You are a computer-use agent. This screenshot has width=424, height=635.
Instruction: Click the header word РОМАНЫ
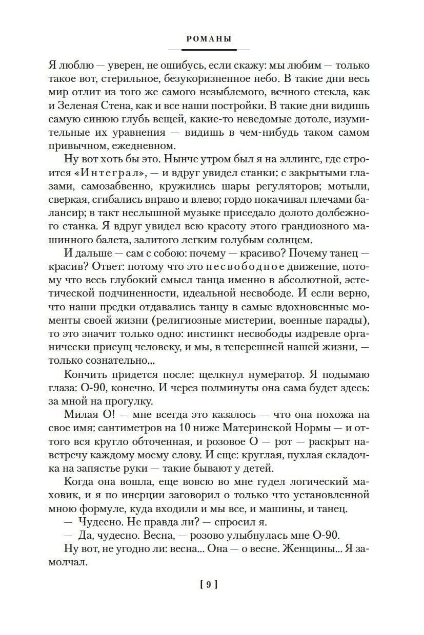point(209,38)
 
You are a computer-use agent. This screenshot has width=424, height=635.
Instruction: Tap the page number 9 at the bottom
point(209,584)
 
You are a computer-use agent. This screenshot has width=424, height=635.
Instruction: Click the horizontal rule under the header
point(209,50)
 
